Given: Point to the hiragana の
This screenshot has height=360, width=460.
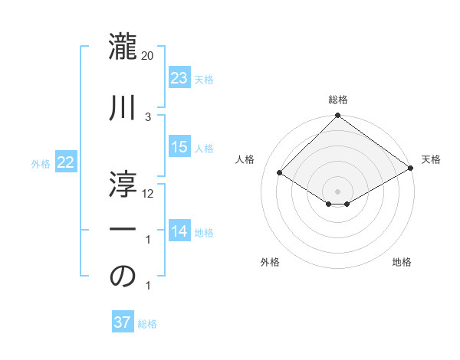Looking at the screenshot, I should (123, 277).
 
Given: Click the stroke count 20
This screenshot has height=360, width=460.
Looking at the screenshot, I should (148, 56).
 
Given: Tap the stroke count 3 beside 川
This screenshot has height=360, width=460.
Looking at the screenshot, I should (148, 116).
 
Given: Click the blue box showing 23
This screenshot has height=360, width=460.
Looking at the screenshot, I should (179, 77).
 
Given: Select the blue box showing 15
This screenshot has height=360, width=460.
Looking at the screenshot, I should (179, 147).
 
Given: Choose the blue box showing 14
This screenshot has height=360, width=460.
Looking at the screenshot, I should (179, 231).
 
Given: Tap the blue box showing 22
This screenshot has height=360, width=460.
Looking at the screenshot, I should (65, 162).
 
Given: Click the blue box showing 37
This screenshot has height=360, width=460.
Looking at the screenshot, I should (122, 322).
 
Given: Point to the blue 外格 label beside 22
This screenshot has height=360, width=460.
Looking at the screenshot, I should (40, 163).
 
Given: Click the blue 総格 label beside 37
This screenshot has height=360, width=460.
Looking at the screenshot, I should (147, 323).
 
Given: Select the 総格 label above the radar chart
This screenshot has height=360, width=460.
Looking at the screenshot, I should (337, 100).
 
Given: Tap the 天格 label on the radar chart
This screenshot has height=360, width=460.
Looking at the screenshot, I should (431, 159).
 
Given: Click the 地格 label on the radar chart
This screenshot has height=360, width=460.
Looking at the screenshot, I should (402, 262).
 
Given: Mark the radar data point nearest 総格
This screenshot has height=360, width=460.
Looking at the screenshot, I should (337, 116).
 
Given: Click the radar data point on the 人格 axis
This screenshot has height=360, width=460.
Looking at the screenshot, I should (280, 172).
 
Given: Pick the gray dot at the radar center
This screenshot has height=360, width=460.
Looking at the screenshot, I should (337, 191).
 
